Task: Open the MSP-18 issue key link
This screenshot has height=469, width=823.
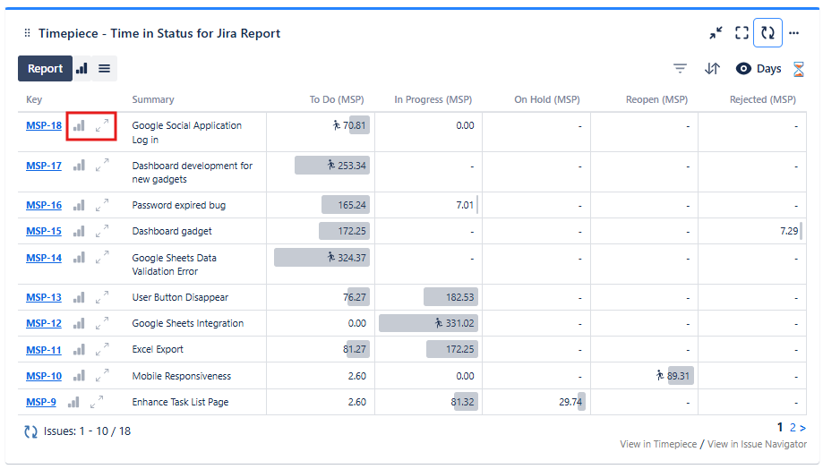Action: [x=44, y=125]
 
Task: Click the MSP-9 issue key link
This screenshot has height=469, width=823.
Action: [x=41, y=402]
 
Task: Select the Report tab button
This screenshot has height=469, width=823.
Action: [x=45, y=68]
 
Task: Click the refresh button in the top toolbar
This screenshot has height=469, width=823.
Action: [x=767, y=33]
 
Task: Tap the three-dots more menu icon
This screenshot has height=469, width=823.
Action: [x=793, y=33]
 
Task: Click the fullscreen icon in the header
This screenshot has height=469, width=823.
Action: [x=742, y=33]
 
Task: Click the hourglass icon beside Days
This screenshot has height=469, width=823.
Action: [x=799, y=69]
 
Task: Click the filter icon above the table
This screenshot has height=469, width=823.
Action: [x=681, y=69]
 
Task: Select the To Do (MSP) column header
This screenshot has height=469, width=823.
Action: [x=337, y=99]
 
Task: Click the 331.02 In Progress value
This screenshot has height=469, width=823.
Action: [x=455, y=323]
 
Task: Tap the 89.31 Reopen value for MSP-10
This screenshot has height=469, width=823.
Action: [x=678, y=376]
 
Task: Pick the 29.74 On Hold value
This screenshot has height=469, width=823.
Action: [x=570, y=402]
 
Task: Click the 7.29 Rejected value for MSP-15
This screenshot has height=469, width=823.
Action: [x=788, y=231]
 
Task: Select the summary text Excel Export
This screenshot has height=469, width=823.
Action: [x=158, y=349]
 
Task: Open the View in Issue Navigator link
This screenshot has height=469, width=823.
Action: [x=757, y=445]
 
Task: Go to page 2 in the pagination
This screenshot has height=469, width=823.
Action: [x=793, y=428]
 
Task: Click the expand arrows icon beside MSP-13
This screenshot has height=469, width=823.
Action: [x=102, y=296]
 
